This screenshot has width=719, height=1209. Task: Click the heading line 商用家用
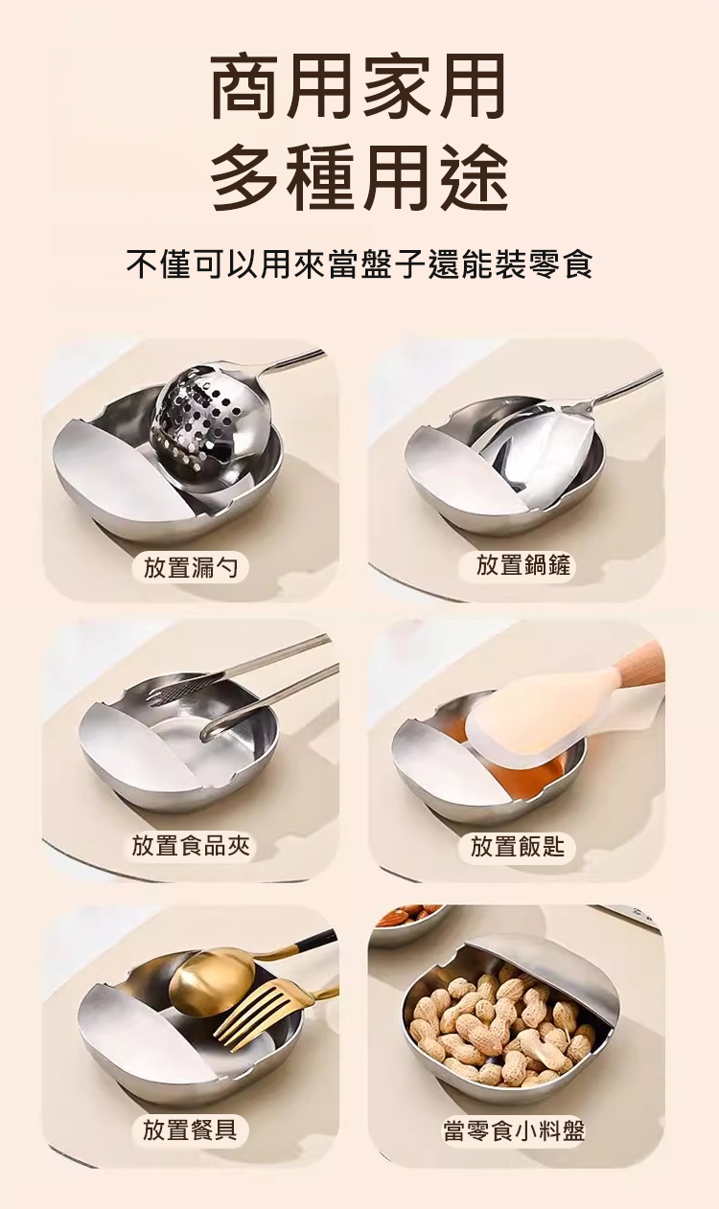(x=359, y=86)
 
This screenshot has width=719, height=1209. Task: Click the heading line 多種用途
(x=359, y=175)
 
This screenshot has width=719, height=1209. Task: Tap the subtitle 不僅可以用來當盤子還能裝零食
(x=359, y=263)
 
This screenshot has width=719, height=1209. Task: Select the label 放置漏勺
(x=190, y=568)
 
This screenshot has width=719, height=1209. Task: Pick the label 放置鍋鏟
(x=522, y=565)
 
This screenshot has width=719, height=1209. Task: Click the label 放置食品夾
(x=191, y=845)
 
